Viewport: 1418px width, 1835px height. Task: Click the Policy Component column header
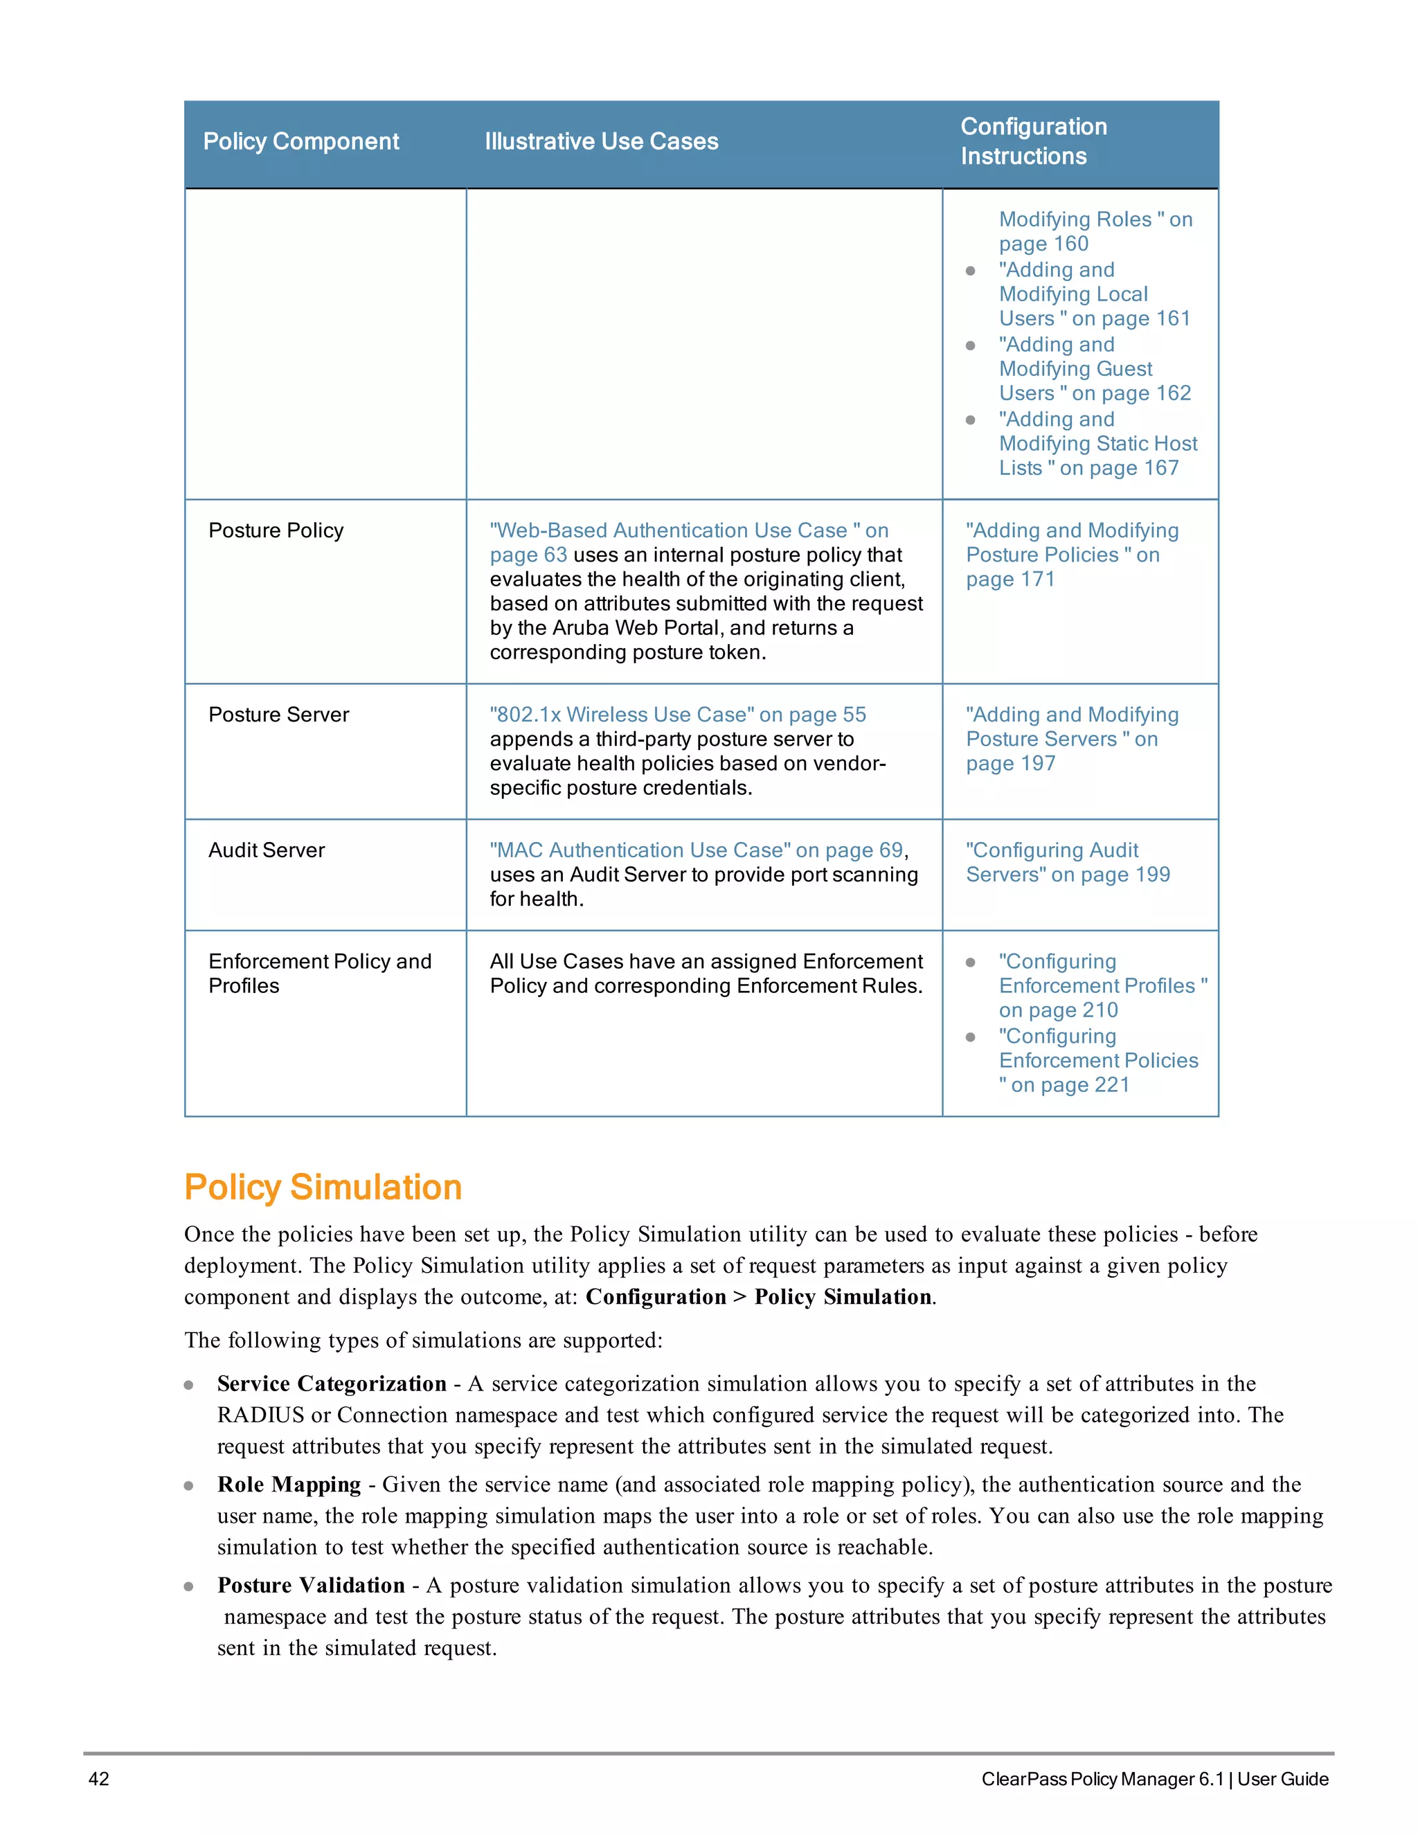300,141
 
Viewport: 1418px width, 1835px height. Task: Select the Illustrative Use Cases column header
602,141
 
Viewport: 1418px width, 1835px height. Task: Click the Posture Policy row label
276,530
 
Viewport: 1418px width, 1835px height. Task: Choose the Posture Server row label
278,714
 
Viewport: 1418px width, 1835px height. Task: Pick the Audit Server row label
267,850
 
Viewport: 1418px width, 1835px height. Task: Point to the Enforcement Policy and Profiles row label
319,973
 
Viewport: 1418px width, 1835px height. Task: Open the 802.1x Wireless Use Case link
677,714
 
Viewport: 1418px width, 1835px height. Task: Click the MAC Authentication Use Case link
697,850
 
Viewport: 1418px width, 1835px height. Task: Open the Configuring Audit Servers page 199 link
1067,862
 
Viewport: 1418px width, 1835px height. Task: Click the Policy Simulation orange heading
323,1187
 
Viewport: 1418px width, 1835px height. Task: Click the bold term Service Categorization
331,1384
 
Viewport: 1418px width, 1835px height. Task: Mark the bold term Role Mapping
288,1485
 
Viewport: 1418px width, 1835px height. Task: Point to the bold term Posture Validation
310,1586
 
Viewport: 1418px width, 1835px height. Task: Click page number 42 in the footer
98,1779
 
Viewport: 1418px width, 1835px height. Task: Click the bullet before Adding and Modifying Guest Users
970,346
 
